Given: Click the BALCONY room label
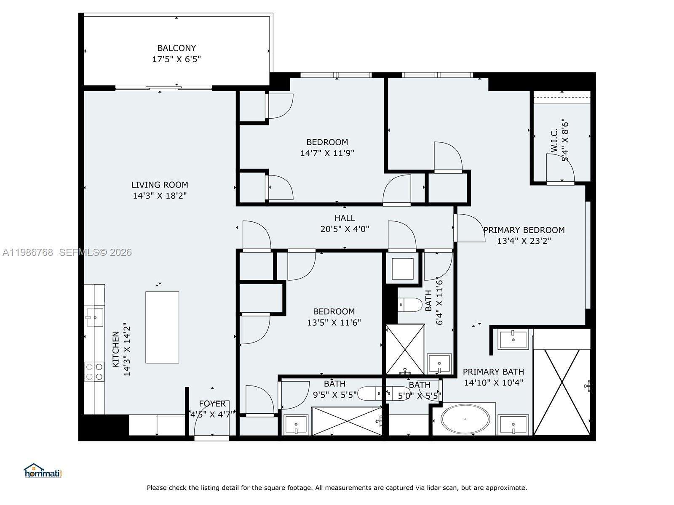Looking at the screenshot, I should [x=177, y=48].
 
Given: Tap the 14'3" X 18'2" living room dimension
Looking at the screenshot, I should [x=160, y=196].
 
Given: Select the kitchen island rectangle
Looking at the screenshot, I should [x=162, y=327].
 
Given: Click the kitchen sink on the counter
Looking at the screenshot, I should [x=94, y=317].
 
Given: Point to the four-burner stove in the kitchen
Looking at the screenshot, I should [x=94, y=372].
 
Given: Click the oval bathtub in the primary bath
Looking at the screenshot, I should [x=465, y=419].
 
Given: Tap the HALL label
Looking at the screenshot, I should [x=345, y=218].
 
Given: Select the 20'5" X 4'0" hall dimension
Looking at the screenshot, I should [x=345, y=229].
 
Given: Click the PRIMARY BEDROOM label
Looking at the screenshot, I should [x=524, y=230].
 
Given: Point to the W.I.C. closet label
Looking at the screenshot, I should [x=554, y=140].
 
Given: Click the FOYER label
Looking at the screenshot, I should [x=212, y=404].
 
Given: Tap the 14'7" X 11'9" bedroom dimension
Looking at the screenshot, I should [x=327, y=153].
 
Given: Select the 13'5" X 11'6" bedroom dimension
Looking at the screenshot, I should [x=334, y=323].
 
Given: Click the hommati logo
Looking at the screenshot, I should [x=43, y=471].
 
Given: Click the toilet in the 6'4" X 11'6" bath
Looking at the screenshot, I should [x=410, y=305].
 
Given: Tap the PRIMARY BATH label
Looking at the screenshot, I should [x=493, y=372].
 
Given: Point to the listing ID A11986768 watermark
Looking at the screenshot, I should [x=28, y=252].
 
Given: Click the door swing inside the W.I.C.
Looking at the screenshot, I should [x=560, y=168].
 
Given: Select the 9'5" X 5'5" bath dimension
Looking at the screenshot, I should [x=334, y=395].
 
